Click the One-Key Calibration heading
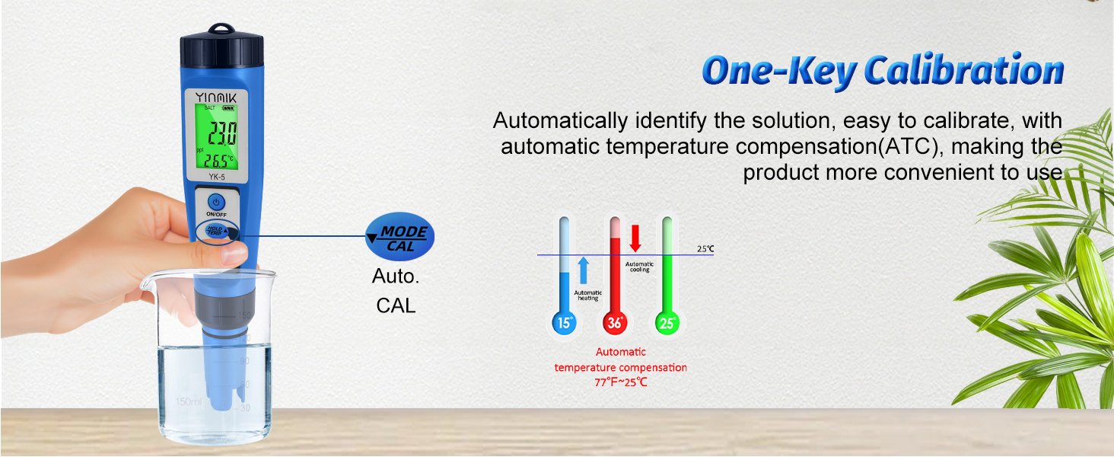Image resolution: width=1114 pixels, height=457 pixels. [x=883, y=71]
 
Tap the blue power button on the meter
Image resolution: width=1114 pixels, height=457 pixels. [x=216, y=202]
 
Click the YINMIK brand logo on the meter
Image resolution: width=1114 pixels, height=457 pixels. [x=215, y=97]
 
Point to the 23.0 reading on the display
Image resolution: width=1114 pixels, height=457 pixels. [x=222, y=134]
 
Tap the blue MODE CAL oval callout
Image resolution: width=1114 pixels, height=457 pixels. [x=400, y=238]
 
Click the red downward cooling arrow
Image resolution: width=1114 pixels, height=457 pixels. [x=635, y=238]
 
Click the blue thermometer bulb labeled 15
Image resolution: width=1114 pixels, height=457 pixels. [x=564, y=323]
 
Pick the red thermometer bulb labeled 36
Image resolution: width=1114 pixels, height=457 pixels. [x=616, y=323]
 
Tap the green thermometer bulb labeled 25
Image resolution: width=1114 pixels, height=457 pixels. [x=667, y=323]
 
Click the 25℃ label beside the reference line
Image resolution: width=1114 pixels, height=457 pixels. [x=705, y=249]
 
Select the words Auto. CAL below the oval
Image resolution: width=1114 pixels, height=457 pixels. [x=396, y=291]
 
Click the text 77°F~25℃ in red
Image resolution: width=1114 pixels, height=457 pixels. [x=621, y=382]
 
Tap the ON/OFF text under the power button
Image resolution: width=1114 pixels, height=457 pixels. [x=217, y=214]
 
